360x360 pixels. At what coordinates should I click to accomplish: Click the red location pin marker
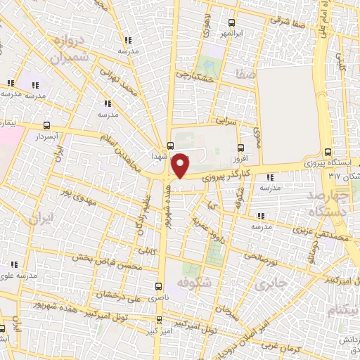click(181, 165)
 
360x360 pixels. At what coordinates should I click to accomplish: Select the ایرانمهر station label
click(213, 33)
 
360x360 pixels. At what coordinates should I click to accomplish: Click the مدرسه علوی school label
click(28, 276)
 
